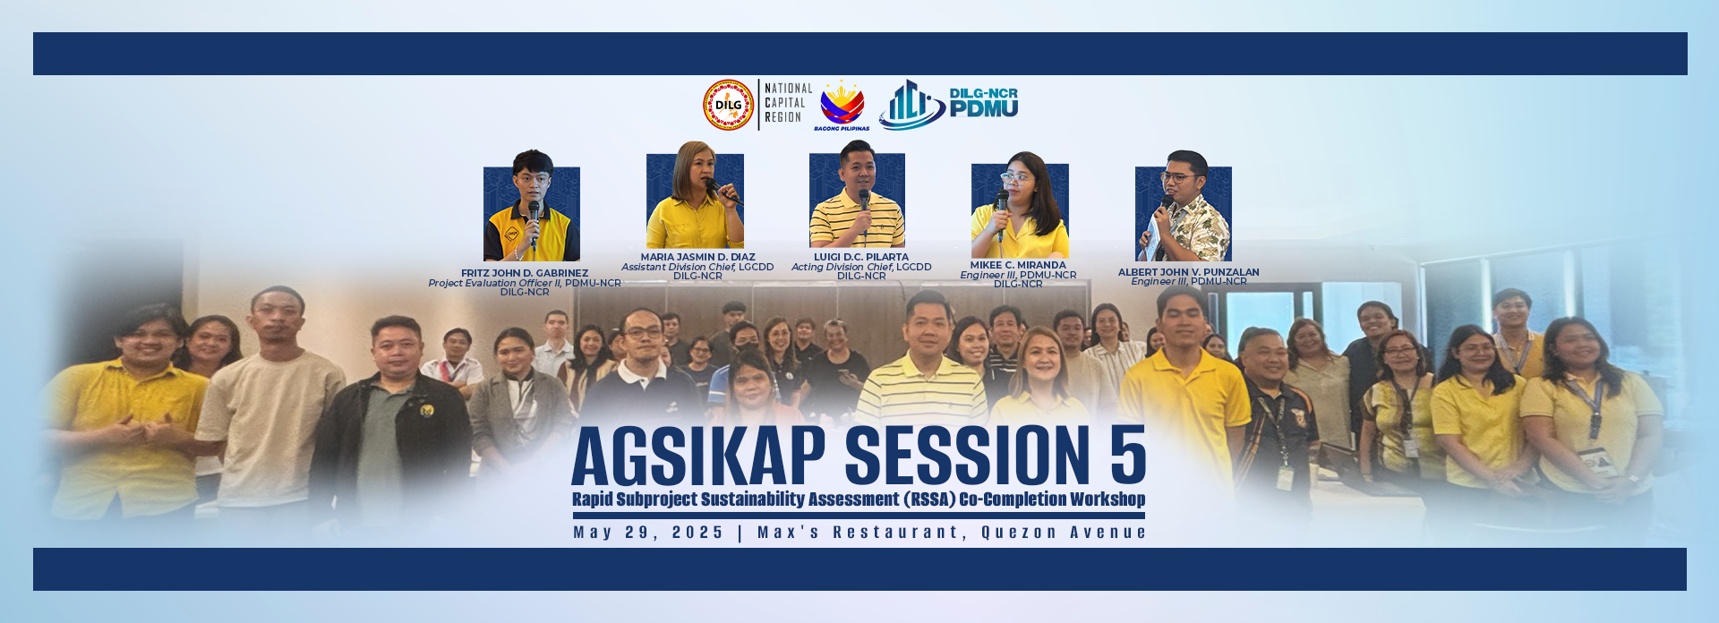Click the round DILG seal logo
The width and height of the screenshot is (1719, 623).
pyautogui.click(x=728, y=105)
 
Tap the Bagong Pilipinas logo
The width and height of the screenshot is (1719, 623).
pyautogui.click(x=842, y=106)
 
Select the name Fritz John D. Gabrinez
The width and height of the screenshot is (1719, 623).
pyautogui.click(x=525, y=273)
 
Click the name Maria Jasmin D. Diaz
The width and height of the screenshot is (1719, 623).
pyautogui.click(x=697, y=257)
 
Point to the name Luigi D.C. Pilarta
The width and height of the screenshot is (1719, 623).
pyautogui.click(x=861, y=257)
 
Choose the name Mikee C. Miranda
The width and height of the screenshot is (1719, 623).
pyautogui.click(x=1018, y=265)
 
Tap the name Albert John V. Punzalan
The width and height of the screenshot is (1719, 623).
pyautogui.click(x=1188, y=272)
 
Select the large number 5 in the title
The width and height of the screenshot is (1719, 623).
pyautogui.click(x=1128, y=456)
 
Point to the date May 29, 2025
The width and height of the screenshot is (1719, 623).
pyautogui.click(x=648, y=533)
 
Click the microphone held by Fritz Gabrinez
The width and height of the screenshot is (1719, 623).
pyautogui.click(x=534, y=218)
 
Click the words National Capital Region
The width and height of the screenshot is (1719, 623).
pyautogui.click(x=789, y=103)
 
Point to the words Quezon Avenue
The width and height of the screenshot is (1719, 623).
pyautogui.click(x=1064, y=533)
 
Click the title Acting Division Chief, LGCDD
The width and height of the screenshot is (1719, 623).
pyautogui.click(x=861, y=267)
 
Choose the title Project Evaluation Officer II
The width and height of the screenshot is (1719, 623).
pyautogui.click(x=494, y=283)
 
